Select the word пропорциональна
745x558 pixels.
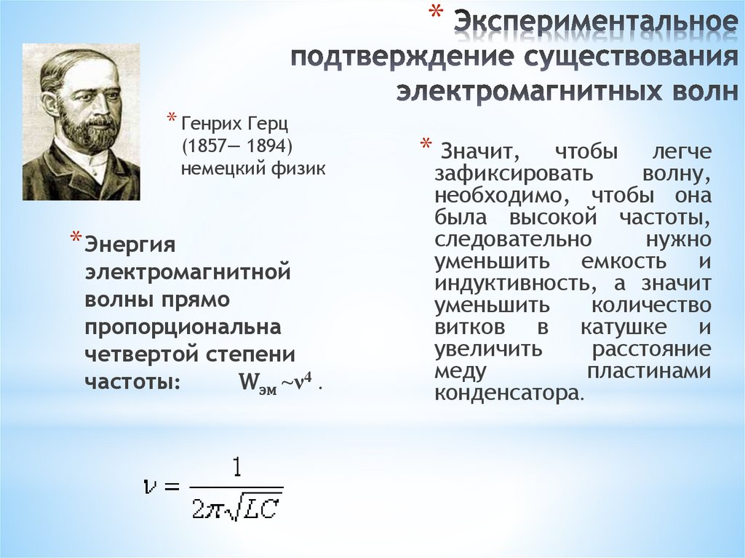point(183,327)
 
